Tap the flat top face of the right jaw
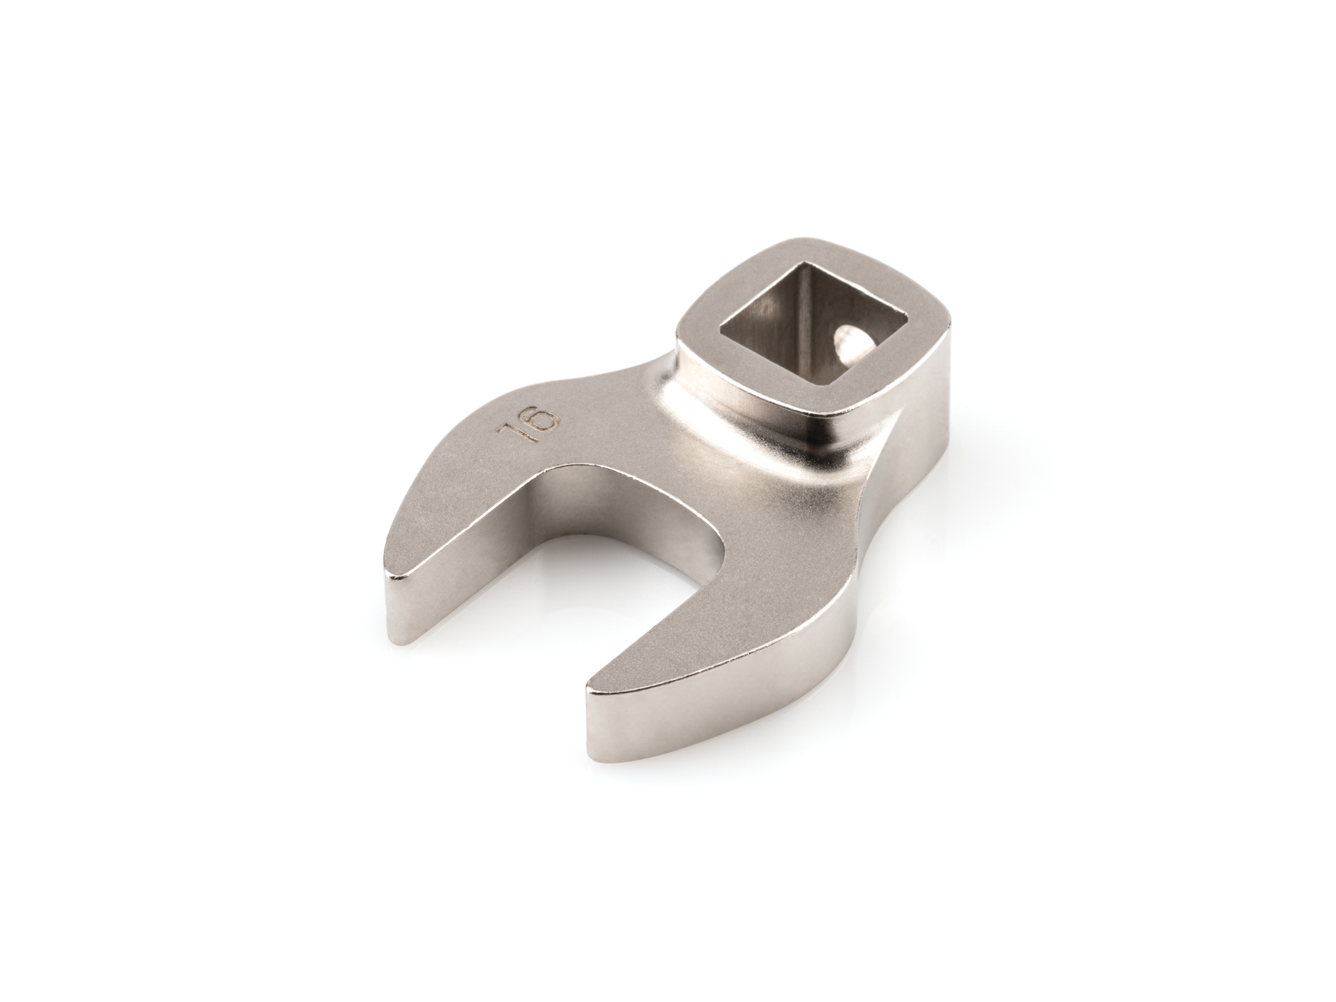pyautogui.click(x=701, y=628)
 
